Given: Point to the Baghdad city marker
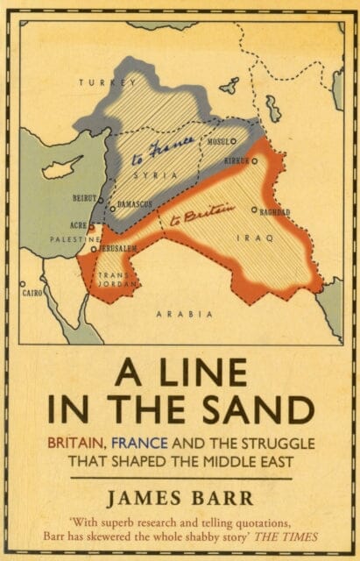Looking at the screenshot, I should click(x=254, y=209).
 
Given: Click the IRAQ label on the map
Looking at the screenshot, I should click(x=261, y=238).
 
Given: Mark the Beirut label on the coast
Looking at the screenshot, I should click(x=85, y=199).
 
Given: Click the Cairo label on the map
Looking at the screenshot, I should click(x=32, y=292).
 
